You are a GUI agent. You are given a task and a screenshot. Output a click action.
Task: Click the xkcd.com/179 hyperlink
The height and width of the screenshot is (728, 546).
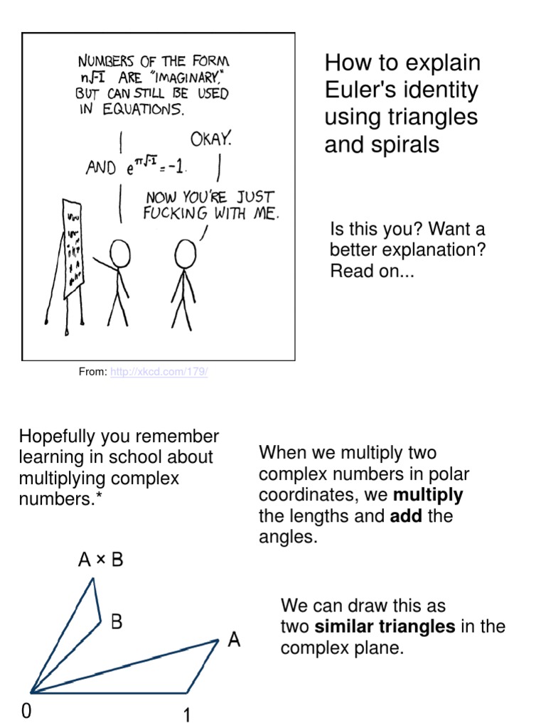(x=159, y=372)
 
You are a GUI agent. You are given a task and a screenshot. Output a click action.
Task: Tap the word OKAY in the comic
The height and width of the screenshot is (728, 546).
(x=210, y=139)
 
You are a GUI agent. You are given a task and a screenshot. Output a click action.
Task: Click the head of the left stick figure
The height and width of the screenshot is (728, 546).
(x=120, y=252)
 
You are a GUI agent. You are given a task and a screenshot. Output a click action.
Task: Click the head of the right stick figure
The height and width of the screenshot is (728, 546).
(x=186, y=252)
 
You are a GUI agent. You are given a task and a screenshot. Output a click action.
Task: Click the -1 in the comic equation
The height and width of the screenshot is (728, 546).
(x=178, y=168)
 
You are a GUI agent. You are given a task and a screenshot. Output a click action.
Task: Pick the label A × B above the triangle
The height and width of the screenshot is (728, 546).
(x=100, y=560)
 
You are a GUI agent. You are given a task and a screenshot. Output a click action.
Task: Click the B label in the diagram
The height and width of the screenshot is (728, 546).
(x=117, y=622)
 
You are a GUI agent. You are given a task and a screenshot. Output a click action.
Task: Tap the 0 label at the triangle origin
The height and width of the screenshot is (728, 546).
(x=26, y=712)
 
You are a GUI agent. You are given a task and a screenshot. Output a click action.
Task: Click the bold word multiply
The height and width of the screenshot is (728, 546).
(x=428, y=495)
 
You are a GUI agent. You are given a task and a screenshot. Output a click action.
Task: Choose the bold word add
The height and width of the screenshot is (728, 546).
(x=406, y=515)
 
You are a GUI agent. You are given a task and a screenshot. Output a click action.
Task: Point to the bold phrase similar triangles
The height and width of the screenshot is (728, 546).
(x=385, y=626)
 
